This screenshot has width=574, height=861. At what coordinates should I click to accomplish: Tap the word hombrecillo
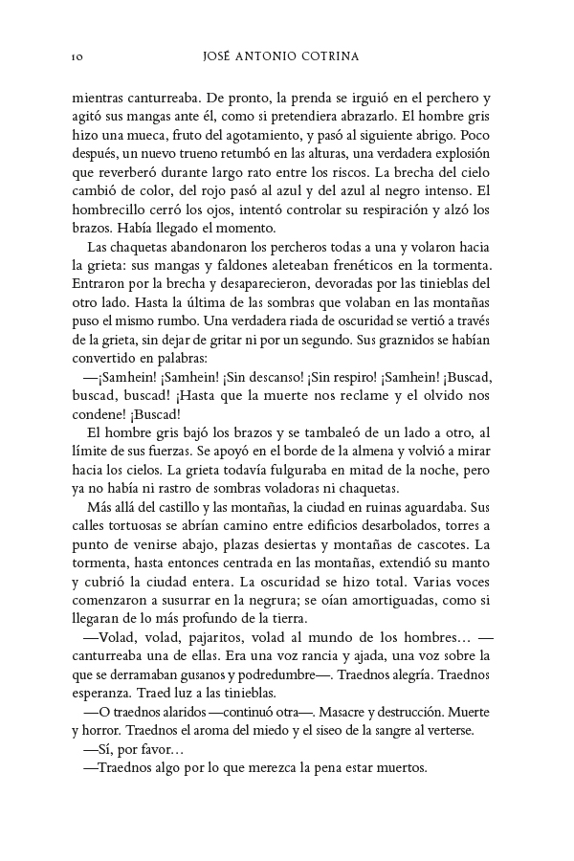pyautogui.click(x=110, y=208)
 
